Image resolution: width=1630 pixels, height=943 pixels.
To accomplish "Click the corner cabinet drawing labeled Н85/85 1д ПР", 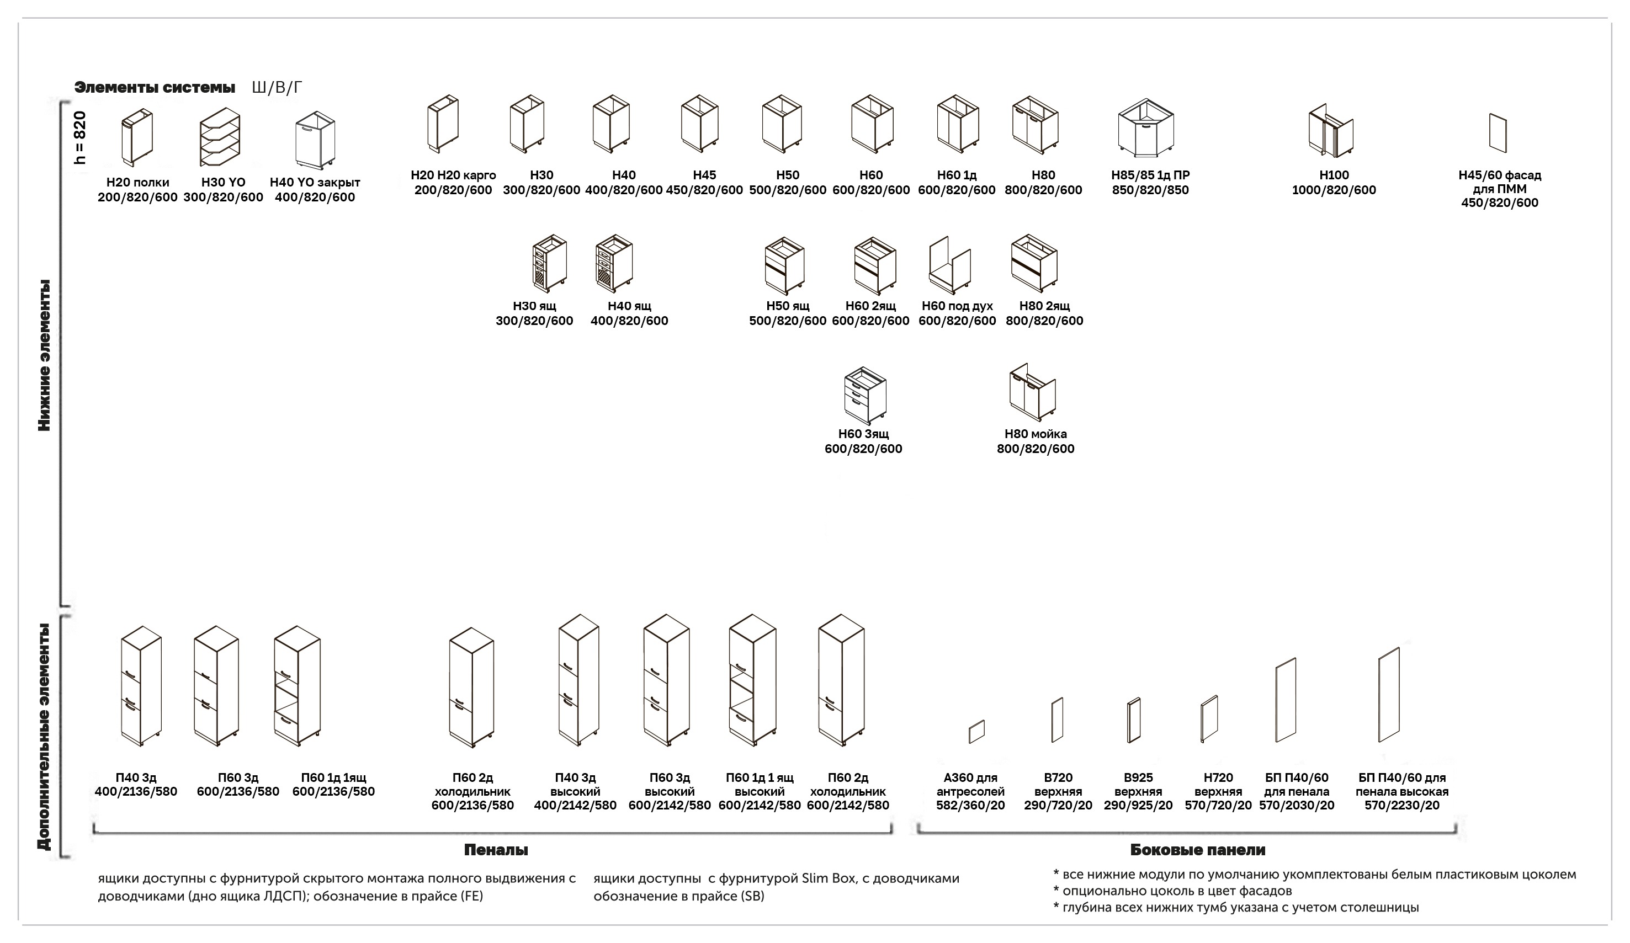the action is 1145,128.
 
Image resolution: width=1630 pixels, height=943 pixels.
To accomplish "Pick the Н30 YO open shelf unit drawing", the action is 220,137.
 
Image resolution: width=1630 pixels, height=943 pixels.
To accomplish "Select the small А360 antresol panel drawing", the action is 976,732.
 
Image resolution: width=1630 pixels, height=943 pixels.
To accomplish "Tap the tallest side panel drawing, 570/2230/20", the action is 1389,695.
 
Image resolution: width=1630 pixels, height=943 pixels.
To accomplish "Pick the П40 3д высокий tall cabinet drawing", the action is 579,680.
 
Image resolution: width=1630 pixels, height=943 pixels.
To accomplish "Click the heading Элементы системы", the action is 155,87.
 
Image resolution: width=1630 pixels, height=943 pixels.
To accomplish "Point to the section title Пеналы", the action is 496,850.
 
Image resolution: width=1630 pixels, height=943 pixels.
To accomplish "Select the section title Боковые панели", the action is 1198,850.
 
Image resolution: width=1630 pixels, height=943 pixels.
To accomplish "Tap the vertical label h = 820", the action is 79,138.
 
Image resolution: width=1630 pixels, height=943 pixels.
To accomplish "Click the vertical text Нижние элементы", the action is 44,355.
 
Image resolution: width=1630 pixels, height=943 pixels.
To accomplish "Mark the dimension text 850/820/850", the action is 1151,190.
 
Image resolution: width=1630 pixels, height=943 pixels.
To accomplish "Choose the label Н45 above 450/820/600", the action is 704,175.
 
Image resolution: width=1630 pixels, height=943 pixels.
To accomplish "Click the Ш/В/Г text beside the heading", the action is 277,87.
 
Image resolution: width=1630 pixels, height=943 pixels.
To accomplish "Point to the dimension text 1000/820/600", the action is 1334,190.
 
